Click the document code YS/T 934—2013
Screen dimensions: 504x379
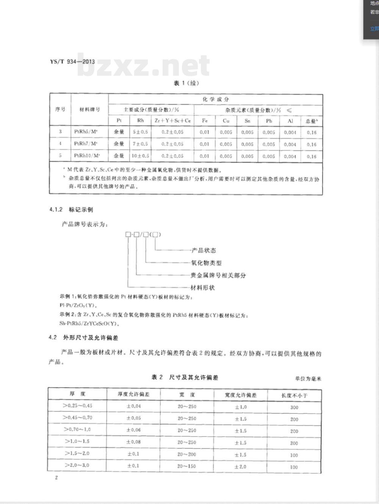click(72, 62)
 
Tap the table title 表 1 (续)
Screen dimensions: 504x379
click(186, 83)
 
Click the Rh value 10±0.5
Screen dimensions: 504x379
click(140, 156)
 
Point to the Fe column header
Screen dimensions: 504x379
click(205, 121)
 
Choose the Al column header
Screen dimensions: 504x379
click(290, 121)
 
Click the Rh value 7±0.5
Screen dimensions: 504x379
click(140, 144)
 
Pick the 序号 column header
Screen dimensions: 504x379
click(60, 109)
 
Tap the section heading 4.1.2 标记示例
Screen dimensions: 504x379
click(71, 210)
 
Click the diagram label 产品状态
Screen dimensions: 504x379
click(204, 250)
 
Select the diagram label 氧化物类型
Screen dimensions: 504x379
click(206, 263)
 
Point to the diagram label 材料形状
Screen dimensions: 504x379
click(202, 288)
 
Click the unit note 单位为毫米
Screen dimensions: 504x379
click(308, 378)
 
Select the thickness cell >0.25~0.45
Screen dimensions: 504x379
click(78, 406)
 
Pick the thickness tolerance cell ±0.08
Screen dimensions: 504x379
click(133, 442)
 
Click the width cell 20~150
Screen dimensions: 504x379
click(186, 466)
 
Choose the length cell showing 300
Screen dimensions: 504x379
click(294, 407)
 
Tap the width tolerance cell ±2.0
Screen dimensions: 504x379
click(240, 467)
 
